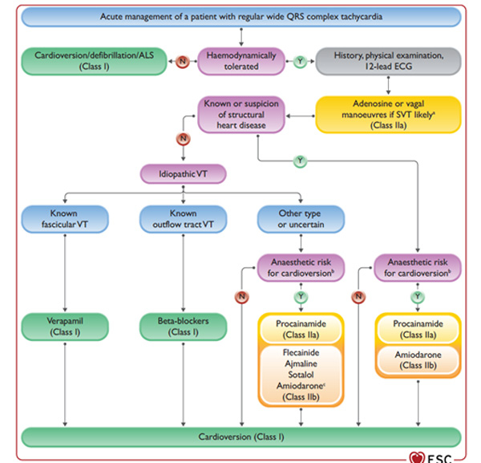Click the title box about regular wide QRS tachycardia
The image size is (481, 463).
click(240, 16)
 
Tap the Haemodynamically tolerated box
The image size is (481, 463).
click(241, 59)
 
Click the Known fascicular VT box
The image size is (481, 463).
click(65, 219)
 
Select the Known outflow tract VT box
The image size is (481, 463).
click(184, 219)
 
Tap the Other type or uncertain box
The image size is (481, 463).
click(301, 219)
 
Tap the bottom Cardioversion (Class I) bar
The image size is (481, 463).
click(240, 437)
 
